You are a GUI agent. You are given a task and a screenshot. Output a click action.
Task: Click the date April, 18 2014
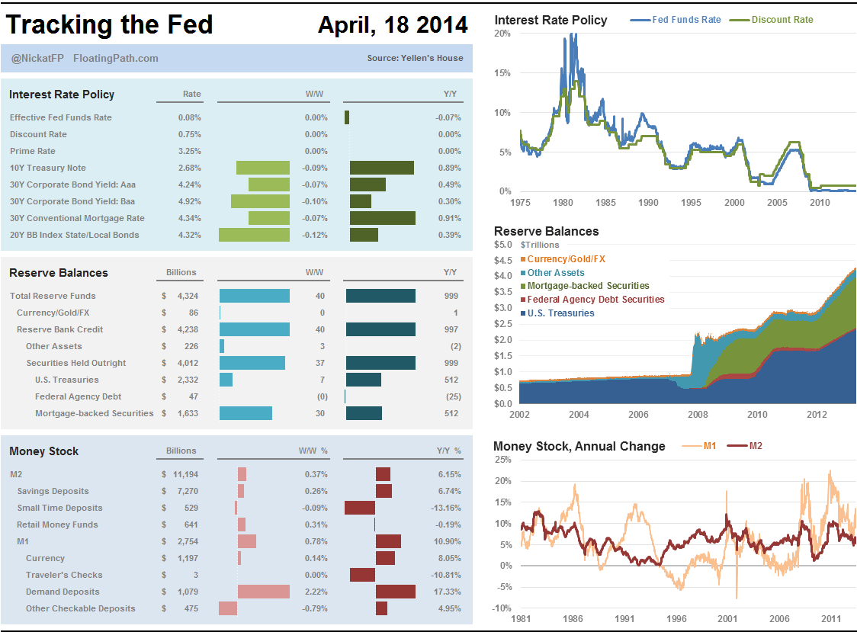tap(393, 25)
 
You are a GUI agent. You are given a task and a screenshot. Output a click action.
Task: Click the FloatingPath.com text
tap(116, 58)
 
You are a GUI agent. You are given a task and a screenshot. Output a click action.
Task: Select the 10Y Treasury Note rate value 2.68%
tap(189, 168)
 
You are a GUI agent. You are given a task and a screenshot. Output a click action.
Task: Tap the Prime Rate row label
tap(33, 151)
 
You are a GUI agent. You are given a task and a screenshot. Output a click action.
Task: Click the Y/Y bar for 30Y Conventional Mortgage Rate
tap(382, 218)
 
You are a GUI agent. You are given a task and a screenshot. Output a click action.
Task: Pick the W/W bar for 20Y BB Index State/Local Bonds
tap(254, 235)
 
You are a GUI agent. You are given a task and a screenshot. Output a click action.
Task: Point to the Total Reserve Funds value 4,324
tap(188, 296)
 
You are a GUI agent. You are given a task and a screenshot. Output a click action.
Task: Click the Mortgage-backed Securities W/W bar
tap(246, 413)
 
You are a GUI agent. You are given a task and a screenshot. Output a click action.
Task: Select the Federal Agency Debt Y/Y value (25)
tap(452, 396)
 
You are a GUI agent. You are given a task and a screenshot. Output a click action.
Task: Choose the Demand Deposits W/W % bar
tap(263, 592)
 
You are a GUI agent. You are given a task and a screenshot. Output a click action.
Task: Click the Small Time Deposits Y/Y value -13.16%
tap(445, 508)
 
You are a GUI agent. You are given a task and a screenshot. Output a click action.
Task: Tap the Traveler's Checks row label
tap(64, 575)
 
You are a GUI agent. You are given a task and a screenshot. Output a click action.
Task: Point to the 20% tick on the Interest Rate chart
tap(502, 34)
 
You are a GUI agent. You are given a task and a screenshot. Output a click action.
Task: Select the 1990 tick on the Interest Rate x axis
tap(649, 203)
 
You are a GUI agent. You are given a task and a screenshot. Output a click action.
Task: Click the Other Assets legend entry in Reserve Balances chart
tap(555, 273)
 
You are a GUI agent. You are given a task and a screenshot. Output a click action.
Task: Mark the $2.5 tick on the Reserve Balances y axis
tap(504, 324)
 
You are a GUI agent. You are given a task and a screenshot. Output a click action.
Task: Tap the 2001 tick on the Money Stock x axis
tap(728, 618)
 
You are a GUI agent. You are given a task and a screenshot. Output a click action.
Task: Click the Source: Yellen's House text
tap(415, 58)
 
